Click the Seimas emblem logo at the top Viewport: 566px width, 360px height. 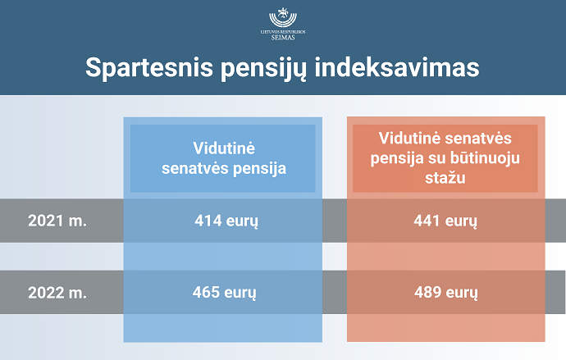click(283, 17)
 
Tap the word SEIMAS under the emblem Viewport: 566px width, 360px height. click(283, 37)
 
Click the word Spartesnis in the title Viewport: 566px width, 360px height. click(149, 67)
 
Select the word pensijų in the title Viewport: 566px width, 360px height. click(263, 69)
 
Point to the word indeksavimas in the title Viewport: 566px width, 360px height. click(397, 67)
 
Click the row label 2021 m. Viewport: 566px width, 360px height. click(57, 221)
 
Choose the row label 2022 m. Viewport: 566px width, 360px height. click(57, 293)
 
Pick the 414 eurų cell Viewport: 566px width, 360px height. click(226, 221)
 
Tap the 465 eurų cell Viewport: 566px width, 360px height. click(224, 293)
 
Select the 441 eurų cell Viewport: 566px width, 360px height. click(445, 221)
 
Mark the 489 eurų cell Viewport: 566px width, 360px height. click(446, 293)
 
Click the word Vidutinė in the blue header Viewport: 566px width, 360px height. click(224, 148)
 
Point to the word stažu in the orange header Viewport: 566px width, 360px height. click(445, 178)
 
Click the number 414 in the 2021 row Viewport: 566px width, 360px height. click(208, 221)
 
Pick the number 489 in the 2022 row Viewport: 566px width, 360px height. click(427, 292)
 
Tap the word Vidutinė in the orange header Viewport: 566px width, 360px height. click(409, 138)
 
